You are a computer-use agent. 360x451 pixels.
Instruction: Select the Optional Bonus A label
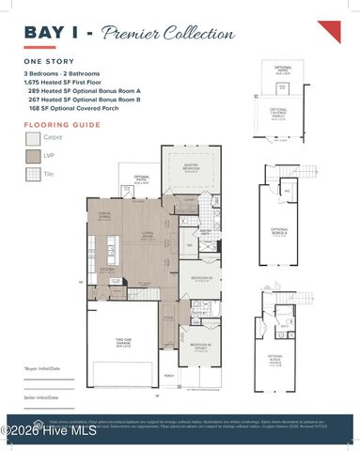click(x=280, y=230)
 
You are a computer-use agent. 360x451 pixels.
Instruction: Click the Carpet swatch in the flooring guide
click(x=33, y=138)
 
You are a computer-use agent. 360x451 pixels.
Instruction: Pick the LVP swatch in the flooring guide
click(x=33, y=156)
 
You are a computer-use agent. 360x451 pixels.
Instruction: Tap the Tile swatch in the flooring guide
click(x=33, y=174)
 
